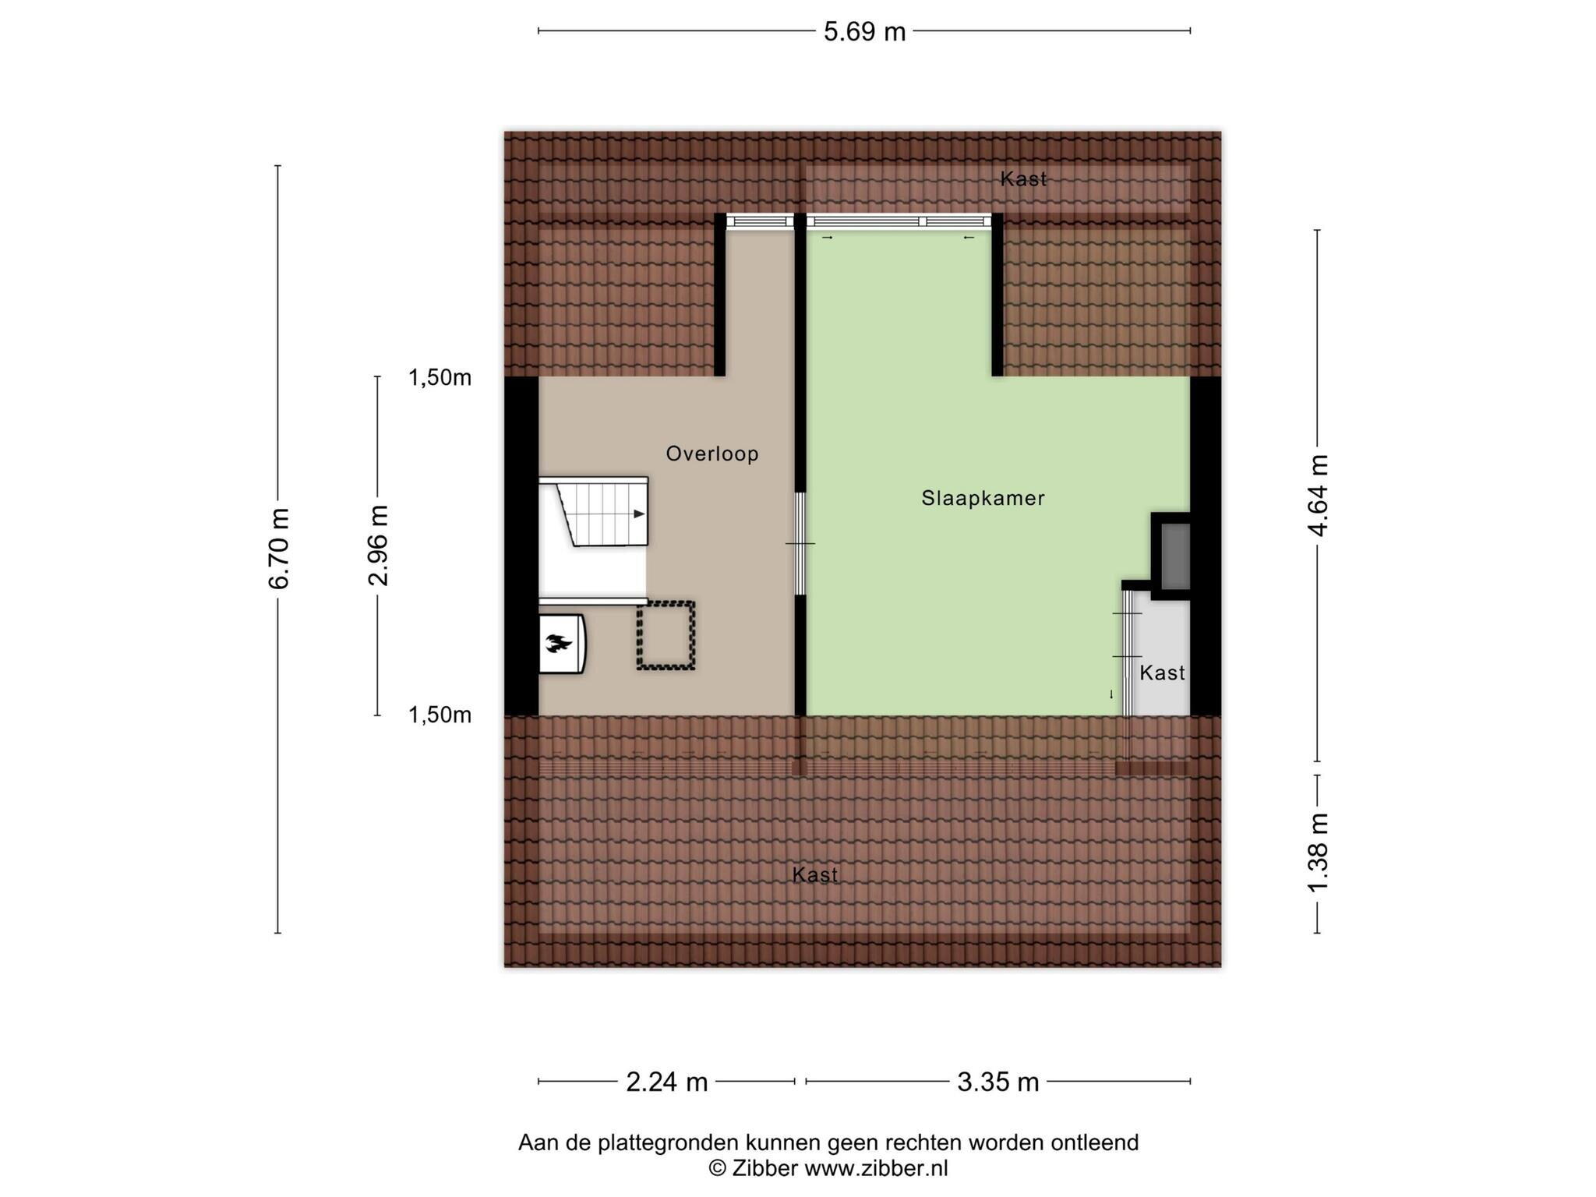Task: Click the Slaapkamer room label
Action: (983, 498)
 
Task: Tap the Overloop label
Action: (712, 454)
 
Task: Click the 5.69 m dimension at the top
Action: (865, 32)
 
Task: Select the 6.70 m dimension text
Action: (278, 549)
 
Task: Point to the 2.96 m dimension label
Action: (379, 546)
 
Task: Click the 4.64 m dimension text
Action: (1318, 496)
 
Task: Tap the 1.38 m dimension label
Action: (1318, 853)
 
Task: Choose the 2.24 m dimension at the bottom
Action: (667, 1082)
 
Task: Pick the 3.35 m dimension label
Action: (998, 1082)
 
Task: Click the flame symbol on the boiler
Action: (558, 644)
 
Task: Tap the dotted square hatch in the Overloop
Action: (666, 635)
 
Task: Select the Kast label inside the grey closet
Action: (1162, 673)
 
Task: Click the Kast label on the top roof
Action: (1023, 179)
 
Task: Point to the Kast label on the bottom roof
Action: (815, 875)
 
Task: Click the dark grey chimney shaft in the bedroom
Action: (1175, 556)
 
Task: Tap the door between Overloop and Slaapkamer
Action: (800, 543)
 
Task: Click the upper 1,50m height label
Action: (440, 378)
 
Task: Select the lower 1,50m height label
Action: (440, 715)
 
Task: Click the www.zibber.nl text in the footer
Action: (876, 1168)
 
